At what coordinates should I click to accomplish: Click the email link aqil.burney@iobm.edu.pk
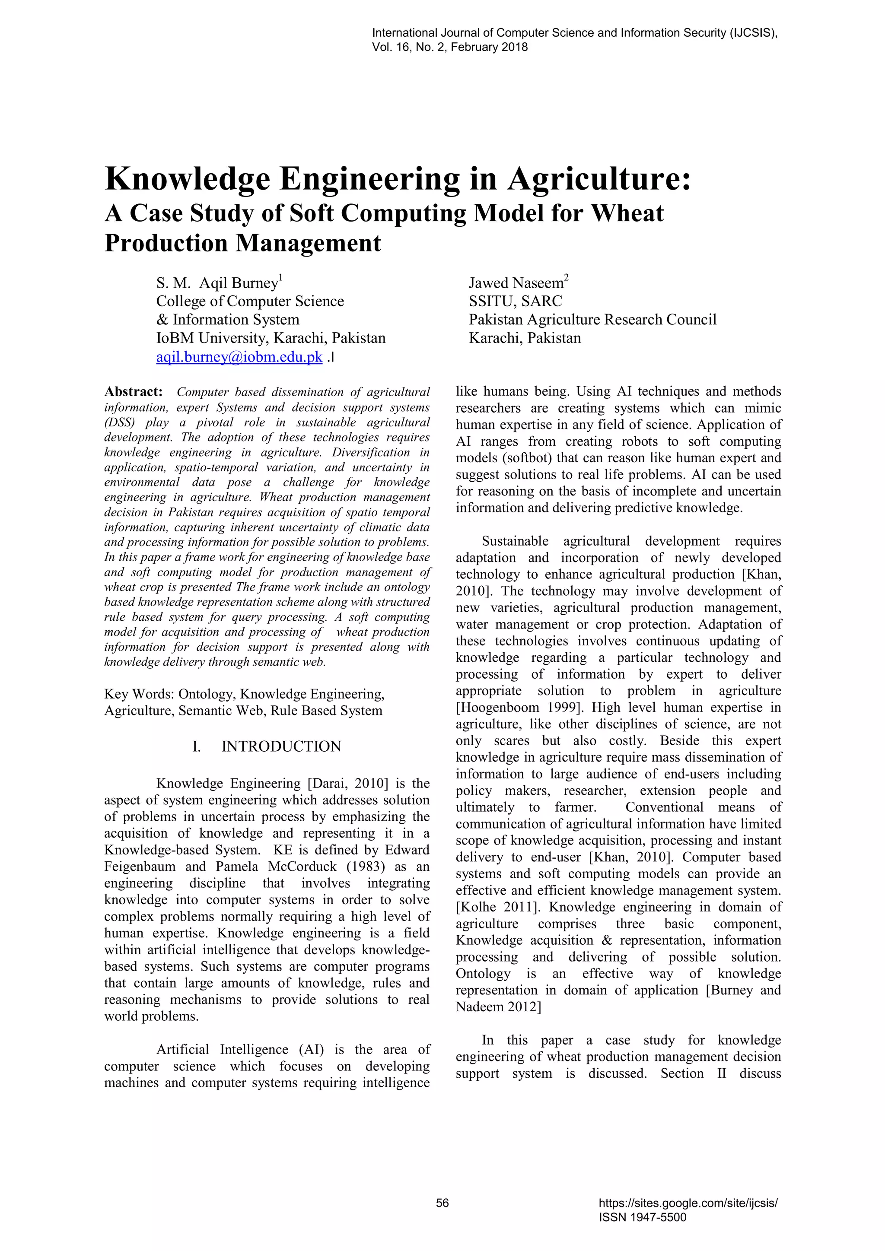[x=239, y=357]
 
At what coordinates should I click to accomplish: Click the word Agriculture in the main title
[x=599, y=179]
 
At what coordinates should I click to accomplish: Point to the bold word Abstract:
[x=134, y=392]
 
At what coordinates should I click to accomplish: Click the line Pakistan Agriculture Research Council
[x=592, y=319]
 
